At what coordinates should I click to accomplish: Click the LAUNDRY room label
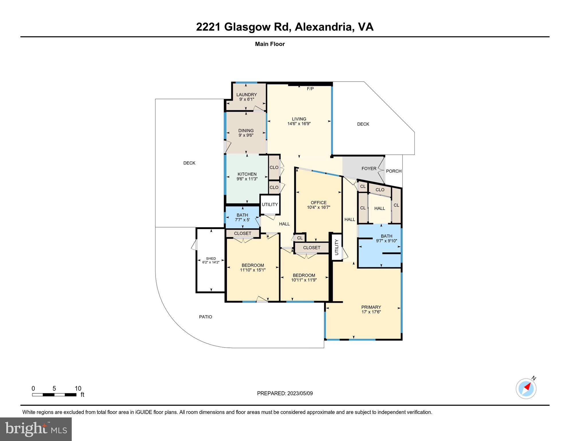(x=246, y=94)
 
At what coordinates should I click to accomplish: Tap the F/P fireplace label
(x=310, y=89)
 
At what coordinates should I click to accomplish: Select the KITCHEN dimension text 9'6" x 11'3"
(x=247, y=179)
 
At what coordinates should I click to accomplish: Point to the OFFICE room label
(x=318, y=202)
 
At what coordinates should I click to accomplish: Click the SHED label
(x=211, y=258)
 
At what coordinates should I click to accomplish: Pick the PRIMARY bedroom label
(x=371, y=307)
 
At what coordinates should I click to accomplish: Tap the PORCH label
(x=394, y=171)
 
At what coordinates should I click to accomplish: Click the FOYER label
(x=369, y=169)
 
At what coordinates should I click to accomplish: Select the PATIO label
(x=205, y=317)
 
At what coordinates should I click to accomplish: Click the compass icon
(x=526, y=389)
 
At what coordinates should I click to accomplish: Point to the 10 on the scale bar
(x=78, y=388)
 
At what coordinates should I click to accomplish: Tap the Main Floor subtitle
(x=270, y=44)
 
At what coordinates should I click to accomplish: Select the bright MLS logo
(x=36, y=429)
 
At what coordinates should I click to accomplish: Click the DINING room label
(x=246, y=130)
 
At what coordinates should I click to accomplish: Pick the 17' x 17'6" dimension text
(x=371, y=312)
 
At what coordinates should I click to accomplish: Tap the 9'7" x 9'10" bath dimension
(x=386, y=241)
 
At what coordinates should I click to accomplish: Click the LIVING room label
(x=299, y=119)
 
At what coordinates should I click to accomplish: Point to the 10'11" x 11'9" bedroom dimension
(x=304, y=280)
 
